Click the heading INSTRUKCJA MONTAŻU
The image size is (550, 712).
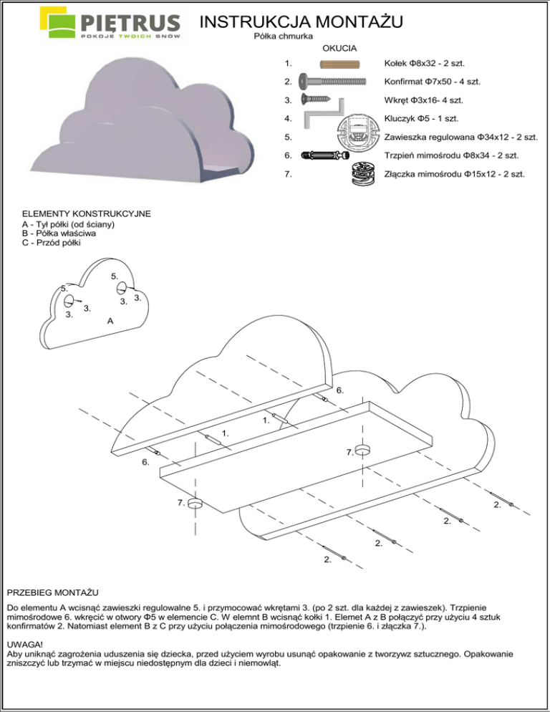point(301,21)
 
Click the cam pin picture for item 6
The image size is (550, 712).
point(326,155)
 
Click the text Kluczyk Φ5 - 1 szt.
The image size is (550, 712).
point(421,118)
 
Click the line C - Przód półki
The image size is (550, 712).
point(52,242)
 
